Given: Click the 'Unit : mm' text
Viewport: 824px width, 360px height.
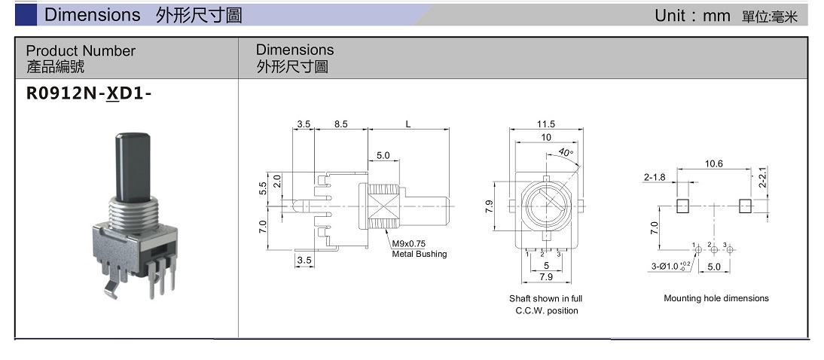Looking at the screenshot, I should (x=692, y=16).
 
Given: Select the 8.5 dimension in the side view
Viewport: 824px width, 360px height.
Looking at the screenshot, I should (x=340, y=124).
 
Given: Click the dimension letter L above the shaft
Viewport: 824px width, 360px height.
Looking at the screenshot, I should (x=408, y=124).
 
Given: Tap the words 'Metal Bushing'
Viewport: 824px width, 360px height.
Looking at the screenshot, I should (x=419, y=254).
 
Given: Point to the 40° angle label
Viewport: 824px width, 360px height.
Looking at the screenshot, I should (x=566, y=152).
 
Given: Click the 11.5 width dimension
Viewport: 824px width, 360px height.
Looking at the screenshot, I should (x=546, y=124).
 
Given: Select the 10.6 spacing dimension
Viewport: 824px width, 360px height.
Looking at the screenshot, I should (x=713, y=163).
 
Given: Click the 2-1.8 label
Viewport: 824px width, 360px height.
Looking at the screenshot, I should (x=655, y=178).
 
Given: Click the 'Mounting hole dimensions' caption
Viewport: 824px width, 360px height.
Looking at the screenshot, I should (x=716, y=298).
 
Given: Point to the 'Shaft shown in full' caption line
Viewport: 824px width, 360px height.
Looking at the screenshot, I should (x=545, y=299).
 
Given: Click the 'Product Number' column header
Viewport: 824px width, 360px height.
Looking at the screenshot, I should (x=81, y=51).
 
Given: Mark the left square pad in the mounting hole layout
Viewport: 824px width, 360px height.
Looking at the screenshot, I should (x=683, y=206).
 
